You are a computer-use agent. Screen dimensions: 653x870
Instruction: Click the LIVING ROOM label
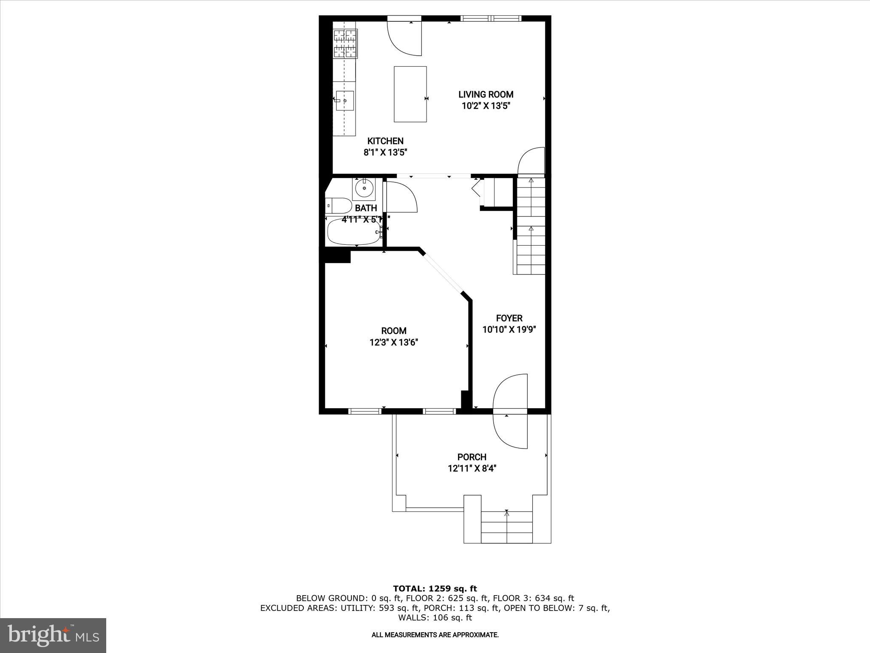(486, 94)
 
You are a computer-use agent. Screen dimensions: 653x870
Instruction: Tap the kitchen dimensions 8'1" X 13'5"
(385, 153)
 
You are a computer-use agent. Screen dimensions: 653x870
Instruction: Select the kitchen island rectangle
(410, 94)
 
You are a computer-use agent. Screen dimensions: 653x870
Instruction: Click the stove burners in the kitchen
(345, 43)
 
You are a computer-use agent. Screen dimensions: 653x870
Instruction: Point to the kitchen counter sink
(345, 101)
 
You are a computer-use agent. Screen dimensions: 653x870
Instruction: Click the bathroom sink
(364, 188)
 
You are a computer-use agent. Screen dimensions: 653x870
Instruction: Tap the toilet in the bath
(338, 205)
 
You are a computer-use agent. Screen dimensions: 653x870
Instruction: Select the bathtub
(354, 232)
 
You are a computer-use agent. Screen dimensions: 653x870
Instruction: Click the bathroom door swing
(401, 197)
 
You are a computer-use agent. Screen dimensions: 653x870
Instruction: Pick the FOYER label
(509, 318)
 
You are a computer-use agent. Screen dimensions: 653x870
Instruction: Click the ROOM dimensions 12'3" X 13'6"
(394, 342)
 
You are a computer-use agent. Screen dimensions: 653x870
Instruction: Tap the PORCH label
(472, 457)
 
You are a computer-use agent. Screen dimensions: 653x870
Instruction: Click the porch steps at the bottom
(506, 527)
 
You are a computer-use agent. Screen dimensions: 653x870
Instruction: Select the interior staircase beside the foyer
(530, 225)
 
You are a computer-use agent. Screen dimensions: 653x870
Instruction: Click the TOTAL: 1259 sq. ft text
(435, 589)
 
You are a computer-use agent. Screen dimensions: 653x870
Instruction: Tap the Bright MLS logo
(53, 635)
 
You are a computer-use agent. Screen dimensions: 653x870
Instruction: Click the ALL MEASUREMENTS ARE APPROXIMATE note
(435, 635)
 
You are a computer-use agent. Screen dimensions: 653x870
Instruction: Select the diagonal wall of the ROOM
(444, 272)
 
